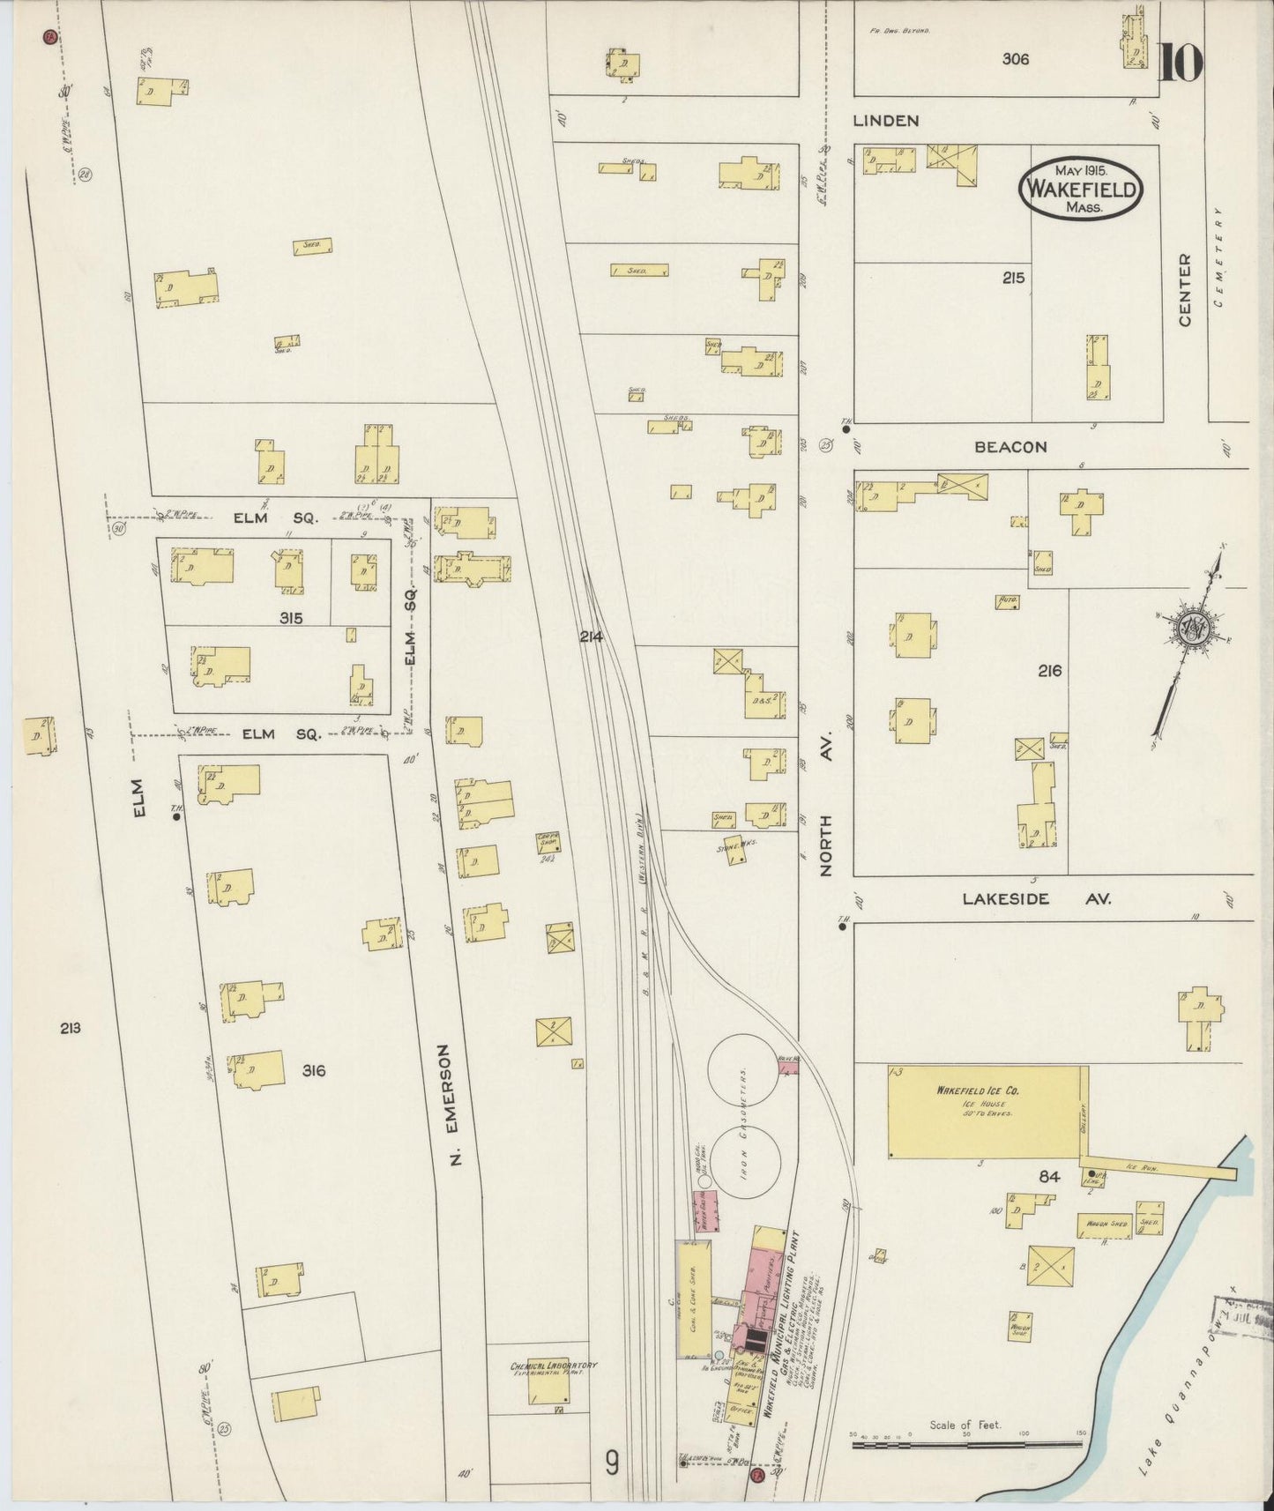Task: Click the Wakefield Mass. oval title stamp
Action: pyautogui.click(x=1080, y=189)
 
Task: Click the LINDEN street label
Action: pyautogui.click(x=886, y=121)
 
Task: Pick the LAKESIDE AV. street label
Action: pyautogui.click(x=1036, y=899)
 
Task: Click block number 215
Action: pyautogui.click(x=1013, y=278)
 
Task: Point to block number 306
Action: pyautogui.click(x=1015, y=60)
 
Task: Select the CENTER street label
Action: pyautogui.click(x=1184, y=290)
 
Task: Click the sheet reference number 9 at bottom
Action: pyautogui.click(x=611, y=1463)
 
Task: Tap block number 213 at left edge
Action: pyautogui.click(x=71, y=1027)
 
